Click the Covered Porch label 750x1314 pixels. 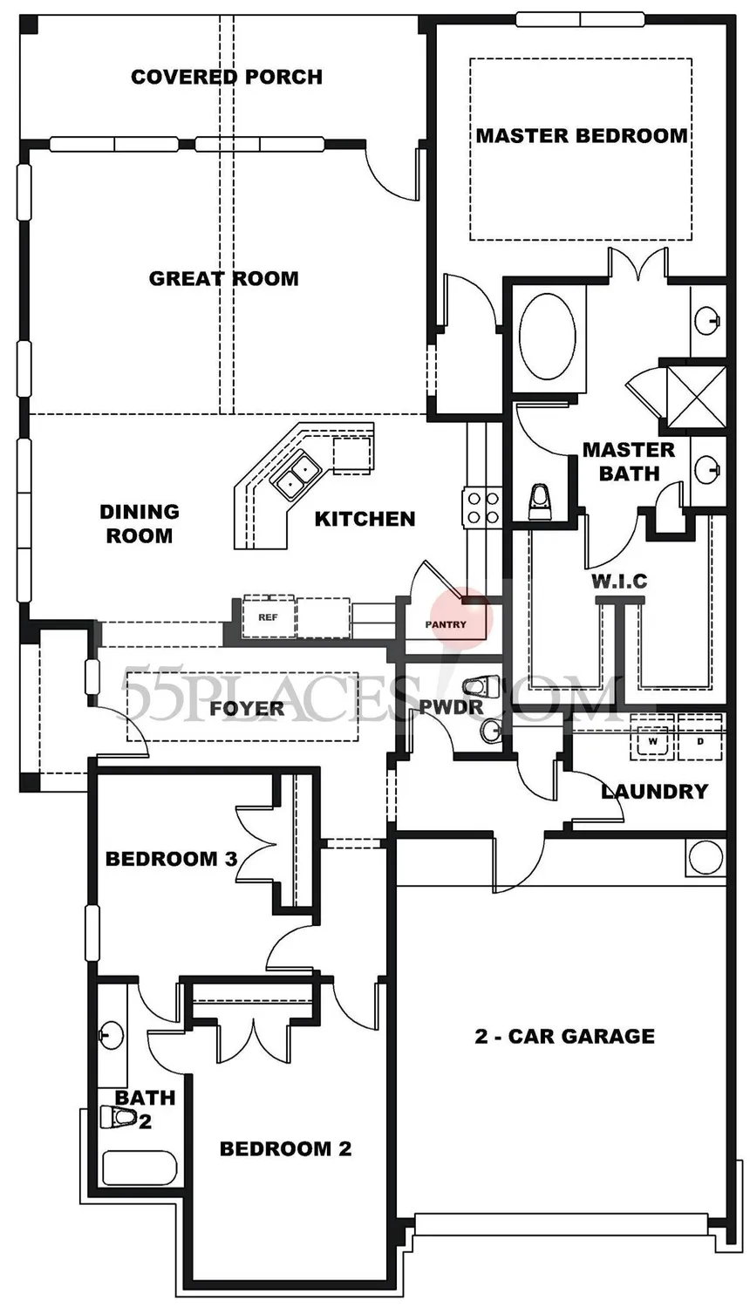point(227,77)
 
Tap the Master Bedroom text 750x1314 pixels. point(582,135)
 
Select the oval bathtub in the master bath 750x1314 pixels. point(547,336)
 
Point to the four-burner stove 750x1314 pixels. point(483,507)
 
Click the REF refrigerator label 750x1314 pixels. point(269,617)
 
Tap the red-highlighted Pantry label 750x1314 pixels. point(446,624)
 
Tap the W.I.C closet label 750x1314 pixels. point(619,582)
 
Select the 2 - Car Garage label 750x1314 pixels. point(564,1037)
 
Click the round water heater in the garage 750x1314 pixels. point(706,858)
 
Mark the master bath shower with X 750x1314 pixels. point(697,397)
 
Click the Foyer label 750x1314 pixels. point(247,708)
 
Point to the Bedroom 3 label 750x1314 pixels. point(171,860)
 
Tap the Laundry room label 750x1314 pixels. point(655,792)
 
